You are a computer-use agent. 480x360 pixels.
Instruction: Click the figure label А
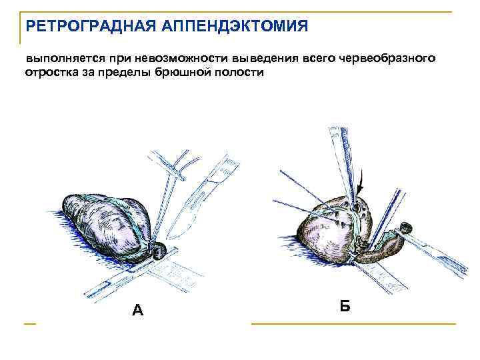point(137,310)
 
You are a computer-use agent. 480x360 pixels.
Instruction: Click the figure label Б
point(345,306)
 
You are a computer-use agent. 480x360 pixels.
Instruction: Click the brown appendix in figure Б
point(383,249)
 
